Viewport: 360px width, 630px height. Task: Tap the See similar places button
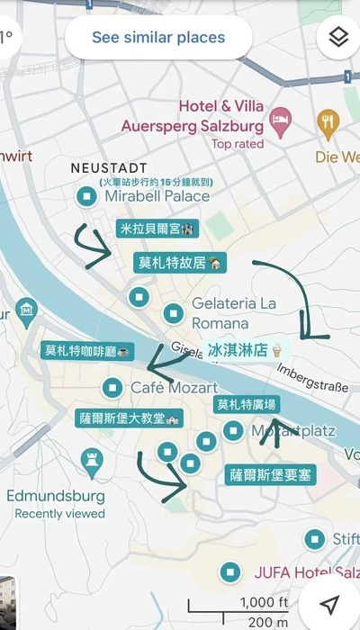tap(158, 39)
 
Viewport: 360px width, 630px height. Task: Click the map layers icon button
tap(338, 38)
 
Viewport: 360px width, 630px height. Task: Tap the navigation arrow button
tap(331, 603)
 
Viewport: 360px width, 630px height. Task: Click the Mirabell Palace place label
tap(157, 196)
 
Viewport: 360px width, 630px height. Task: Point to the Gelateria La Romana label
tap(232, 313)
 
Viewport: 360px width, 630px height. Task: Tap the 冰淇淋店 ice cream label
tap(245, 350)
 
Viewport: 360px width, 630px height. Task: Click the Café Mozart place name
tap(175, 388)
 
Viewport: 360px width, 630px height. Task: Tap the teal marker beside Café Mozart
tap(112, 388)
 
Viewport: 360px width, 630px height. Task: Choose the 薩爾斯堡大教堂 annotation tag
tap(129, 418)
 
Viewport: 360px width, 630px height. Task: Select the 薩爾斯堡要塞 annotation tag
tap(269, 474)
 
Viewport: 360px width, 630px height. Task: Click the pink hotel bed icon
tap(281, 121)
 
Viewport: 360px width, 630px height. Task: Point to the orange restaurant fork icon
tap(328, 121)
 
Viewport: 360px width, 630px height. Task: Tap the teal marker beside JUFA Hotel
tap(230, 571)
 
